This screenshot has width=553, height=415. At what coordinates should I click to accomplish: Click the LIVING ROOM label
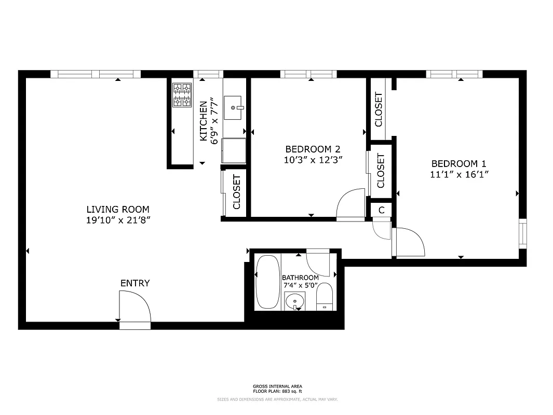118,210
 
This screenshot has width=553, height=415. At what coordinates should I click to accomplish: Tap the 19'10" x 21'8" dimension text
118,220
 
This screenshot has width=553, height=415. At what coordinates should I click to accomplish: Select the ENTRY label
135,283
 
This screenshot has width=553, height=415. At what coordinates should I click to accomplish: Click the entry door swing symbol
134,307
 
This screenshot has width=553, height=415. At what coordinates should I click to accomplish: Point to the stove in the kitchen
182,95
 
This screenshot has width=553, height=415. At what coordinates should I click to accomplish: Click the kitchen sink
235,108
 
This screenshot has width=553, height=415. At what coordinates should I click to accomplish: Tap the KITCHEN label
204,121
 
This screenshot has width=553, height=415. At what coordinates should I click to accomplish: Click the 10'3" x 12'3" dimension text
313,160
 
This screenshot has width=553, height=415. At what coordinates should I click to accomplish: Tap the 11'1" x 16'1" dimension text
459,174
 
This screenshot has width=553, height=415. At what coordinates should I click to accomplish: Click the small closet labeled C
381,210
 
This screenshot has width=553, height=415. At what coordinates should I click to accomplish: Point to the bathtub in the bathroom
267,282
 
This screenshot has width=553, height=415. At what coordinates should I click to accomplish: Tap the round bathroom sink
295,301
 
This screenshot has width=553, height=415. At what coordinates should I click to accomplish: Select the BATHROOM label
300,278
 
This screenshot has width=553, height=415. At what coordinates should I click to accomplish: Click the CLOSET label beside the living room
237,191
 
